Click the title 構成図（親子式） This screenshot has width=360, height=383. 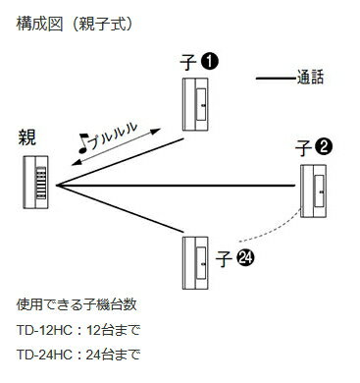pos(75,25)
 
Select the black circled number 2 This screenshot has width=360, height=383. pos(324,147)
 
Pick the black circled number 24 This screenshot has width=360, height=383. pos(245,258)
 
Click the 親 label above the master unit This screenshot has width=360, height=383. pos(26,137)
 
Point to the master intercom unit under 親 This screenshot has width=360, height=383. pos(35,182)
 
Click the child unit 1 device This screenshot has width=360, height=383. pos(195,104)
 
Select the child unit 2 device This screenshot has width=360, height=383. pos(313,191)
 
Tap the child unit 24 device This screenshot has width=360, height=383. pos(195,263)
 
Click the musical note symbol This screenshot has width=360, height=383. pos(83,143)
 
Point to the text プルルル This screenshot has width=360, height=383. pos(113,136)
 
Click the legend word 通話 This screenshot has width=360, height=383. pos(310,78)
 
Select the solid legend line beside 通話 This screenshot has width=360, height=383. pos(276,79)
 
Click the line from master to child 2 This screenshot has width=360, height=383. pos(176,186)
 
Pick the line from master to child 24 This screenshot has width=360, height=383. pos(120,209)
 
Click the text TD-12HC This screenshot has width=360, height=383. pos(44,330)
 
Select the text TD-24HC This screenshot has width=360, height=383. pos(44,355)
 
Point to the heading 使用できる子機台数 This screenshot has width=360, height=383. pos(77,304)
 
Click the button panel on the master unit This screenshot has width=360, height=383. pos(41,183)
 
